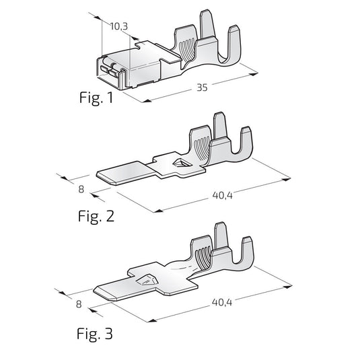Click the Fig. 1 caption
tap(96, 98)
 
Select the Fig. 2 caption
tap(96, 216)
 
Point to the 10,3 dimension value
tap(119, 26)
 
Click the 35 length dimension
tap(202, 87)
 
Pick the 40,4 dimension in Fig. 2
tap(222, 195)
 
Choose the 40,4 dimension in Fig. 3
tap(222, 302)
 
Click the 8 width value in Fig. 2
tap(81, 189)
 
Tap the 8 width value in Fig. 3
tap(79, 304)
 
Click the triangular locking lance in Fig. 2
tap(181, 164)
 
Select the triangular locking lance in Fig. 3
tap(146, 280)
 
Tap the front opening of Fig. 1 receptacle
tap(110, 69)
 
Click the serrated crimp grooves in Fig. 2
tap(201, 148)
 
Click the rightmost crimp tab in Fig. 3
tap(246, 252)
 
